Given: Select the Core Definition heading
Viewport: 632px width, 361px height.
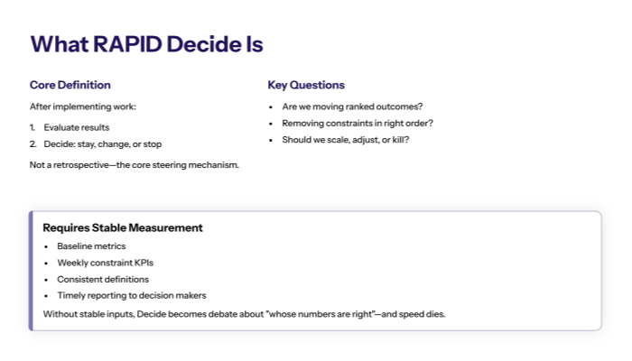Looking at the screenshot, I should tap(70, 85).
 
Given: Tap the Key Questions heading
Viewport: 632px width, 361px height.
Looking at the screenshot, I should tap(306, 85).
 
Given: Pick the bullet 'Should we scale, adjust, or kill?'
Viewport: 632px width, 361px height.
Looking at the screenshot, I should tap(346, 139).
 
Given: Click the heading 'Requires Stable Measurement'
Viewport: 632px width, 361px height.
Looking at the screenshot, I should tap(123, 227).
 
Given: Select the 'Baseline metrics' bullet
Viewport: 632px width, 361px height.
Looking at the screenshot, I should tap(91, 245).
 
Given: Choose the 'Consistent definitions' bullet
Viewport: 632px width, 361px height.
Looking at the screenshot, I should tap(103, 279).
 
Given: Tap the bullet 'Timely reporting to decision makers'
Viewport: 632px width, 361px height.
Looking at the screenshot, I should tap(132, 295).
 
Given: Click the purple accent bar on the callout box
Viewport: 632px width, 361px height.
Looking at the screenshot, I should tap(32, 271).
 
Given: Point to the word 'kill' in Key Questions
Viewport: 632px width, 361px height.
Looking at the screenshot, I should tap(395, 139).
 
